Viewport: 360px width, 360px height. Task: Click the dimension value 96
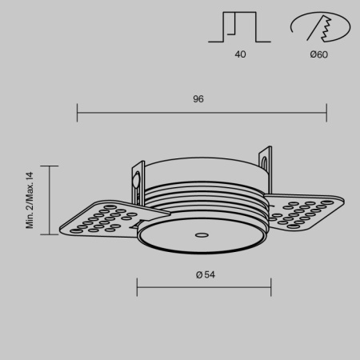pos(198,99)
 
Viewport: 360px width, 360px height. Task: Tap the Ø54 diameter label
pos(205,274)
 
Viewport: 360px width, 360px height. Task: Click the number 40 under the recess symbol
pos(241,55)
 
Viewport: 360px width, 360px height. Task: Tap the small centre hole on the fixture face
pos(202,235)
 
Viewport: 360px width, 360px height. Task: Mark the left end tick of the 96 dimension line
pos(77,111)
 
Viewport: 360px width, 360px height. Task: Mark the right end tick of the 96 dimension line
pos(326,111)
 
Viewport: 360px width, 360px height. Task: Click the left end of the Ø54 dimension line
pos(138,286)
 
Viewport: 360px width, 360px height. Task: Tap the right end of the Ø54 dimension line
pos(270,286)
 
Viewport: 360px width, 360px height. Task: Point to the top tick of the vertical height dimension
pos(50,166)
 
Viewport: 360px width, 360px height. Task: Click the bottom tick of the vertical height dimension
pos(50,235)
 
